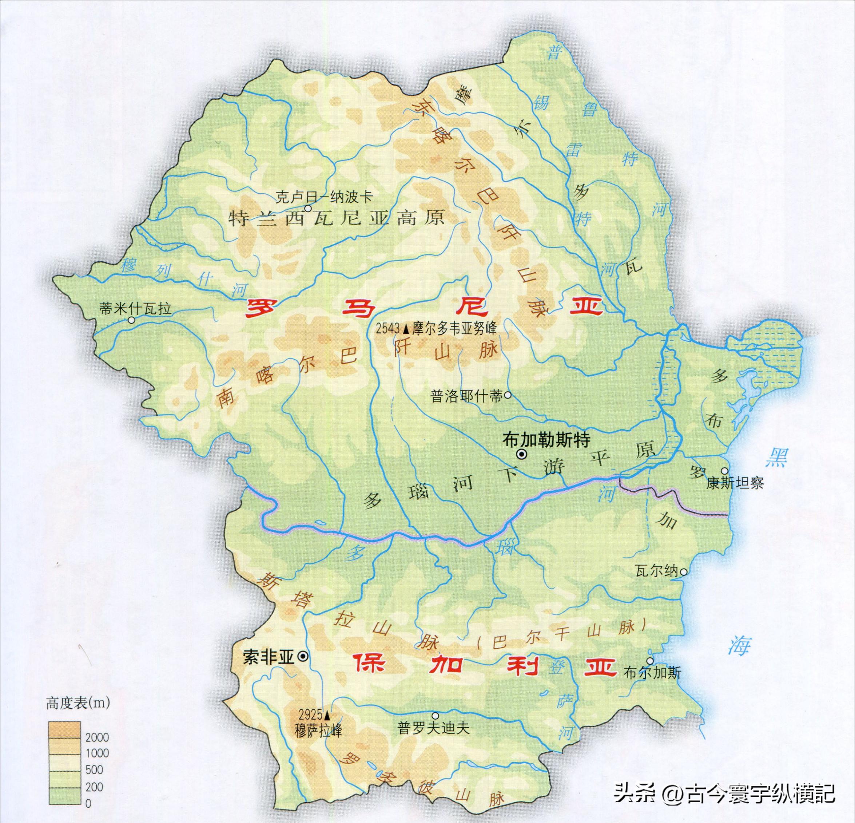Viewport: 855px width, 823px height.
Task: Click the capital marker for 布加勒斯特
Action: coord(521,455)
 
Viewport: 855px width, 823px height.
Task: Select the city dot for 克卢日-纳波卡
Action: coord(308,209)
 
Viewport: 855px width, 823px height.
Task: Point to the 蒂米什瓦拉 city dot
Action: coord(131,320)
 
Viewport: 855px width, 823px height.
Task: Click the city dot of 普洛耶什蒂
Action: coord(508,395)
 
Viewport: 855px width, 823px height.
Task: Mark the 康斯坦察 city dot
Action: coord(725,471)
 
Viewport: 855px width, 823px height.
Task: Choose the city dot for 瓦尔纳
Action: coord(684,571)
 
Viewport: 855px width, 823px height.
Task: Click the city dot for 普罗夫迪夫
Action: coord(435,716)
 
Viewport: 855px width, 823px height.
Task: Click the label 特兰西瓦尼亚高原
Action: coord(336,218)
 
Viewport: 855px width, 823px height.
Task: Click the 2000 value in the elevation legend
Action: coord(97,737)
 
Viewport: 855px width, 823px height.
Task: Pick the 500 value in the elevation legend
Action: coord(94,769)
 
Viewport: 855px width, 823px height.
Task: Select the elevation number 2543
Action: coord(388,329)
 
